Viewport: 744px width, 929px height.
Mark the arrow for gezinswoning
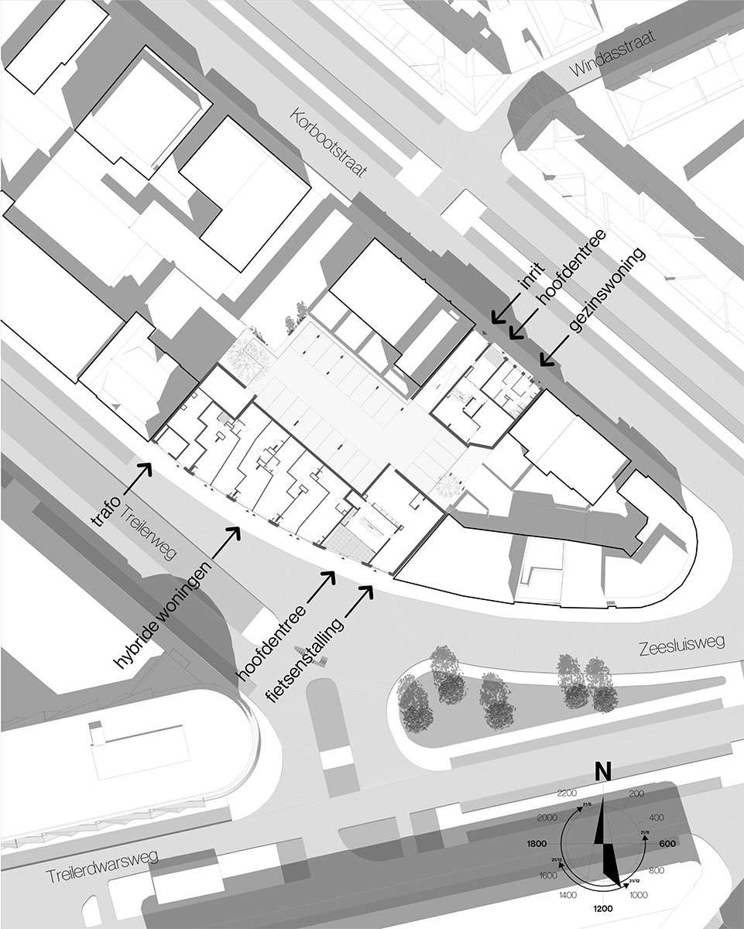[551, 355]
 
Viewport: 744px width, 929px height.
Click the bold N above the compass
[603, 772]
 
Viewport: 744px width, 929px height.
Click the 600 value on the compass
[668, 845]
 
